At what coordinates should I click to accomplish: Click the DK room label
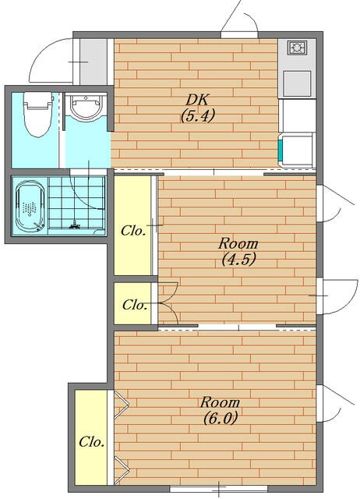(x=197, y=100)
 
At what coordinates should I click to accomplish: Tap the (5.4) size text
(x=198, y=115)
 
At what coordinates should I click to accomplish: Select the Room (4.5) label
(x=238, y=251)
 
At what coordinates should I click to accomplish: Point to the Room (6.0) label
(x=220, y=411)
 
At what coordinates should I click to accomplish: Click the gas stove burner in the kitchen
(x=297, y=48)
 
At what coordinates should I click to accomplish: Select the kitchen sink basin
(x=297, y=83)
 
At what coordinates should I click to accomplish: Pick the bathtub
(x=30, y=206)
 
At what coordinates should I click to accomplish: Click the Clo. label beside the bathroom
(x=133, y=231)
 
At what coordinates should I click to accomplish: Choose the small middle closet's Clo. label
(x=135, y=305)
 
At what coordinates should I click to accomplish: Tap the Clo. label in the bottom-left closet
(x=92, y=441)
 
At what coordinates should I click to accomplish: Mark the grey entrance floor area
(x=93, y=62)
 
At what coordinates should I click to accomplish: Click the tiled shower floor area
(x=76, y=203)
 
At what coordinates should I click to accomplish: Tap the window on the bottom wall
(x=219, y=489)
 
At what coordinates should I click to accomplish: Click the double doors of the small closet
(x=168, y=303)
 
